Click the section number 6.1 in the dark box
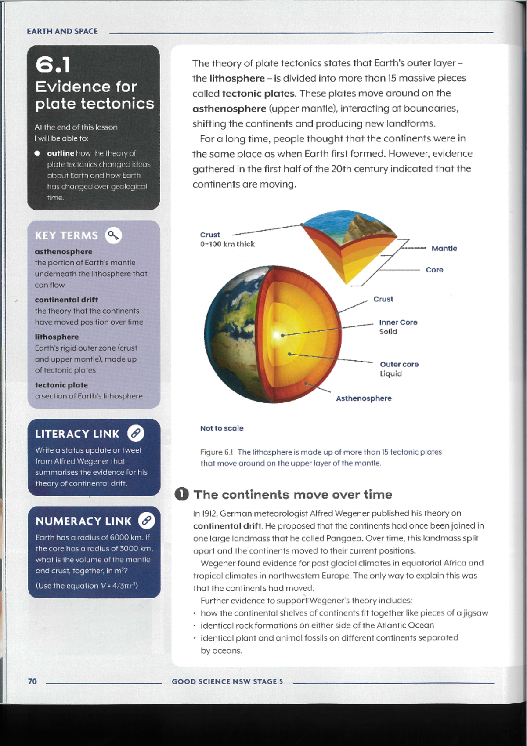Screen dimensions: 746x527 (x=53, y=65)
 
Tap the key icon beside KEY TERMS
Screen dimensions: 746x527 (x=113, y=235)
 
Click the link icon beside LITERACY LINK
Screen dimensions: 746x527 (x=136, y=434)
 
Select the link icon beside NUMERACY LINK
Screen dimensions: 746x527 (x=146, y=521)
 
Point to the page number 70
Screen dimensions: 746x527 (x=32, y=681)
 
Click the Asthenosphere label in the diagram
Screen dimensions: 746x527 (x=364, y=398)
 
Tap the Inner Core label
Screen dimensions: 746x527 (x=398, y=322)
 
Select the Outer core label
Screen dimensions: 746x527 (x=399, y=364)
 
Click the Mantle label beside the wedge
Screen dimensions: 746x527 (x=444, y=249)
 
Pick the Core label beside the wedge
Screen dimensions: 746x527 (x=434, y=270)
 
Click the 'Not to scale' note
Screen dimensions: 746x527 (x=222, y=428)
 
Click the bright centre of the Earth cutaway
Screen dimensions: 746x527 (x=277, y=335)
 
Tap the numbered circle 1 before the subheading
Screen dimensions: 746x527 (x=181, y=494)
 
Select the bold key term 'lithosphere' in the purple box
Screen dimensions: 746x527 (x=57, y=337)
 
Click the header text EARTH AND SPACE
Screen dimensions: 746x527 (x=62, y=31)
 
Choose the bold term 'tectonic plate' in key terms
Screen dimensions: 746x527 (x=61, y=385)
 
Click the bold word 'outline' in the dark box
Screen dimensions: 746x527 (x=61, y=153)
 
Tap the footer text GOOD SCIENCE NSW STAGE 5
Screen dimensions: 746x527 (x=227, y=681)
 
